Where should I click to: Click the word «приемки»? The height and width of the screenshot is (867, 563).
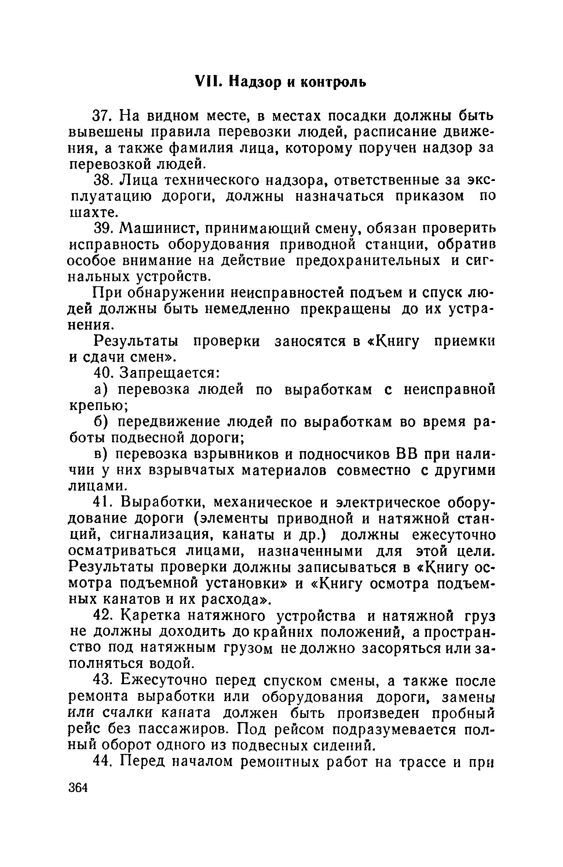[x=464, y=342]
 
